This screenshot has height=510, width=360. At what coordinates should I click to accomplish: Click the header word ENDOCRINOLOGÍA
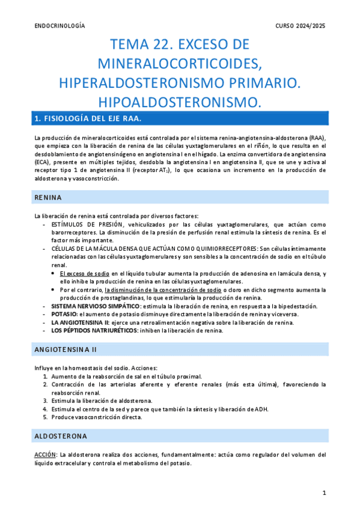(x=60, y=26)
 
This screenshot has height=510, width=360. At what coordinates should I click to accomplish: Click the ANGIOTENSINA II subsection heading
(x=66, y=349)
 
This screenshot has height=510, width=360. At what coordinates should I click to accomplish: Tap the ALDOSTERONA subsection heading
(x=61, y=435)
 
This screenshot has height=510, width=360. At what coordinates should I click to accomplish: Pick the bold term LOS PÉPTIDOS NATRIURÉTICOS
(x=88, y=330)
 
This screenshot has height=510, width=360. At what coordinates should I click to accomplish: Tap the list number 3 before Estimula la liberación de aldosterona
(x=46, y=401)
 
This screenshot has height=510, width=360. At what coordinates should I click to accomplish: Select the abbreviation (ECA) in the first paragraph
(x=42, y=162)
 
